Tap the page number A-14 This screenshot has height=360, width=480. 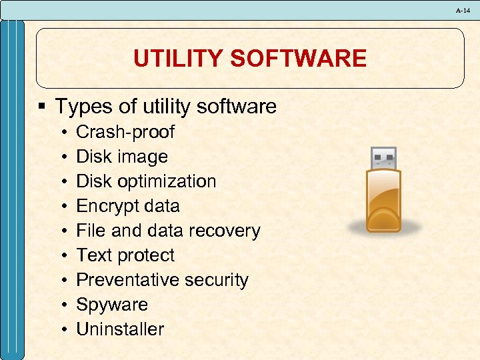463,11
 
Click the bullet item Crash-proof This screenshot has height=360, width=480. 125,132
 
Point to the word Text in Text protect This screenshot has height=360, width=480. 93,255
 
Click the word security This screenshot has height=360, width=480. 215,280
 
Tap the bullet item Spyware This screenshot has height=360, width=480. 112,305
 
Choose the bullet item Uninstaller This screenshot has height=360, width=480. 120,329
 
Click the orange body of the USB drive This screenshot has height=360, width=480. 382,200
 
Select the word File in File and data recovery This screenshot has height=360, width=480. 88,231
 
